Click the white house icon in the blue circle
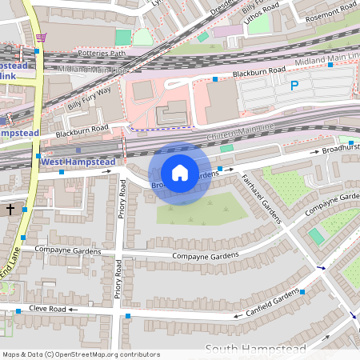coord(180,173)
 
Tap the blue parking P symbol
coord(294,86)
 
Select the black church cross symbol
coord(10,209)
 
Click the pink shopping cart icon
coord(41,37)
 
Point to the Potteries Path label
coord(102,54)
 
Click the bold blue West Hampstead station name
coord(78,162)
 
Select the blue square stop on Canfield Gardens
coord(302,292)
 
